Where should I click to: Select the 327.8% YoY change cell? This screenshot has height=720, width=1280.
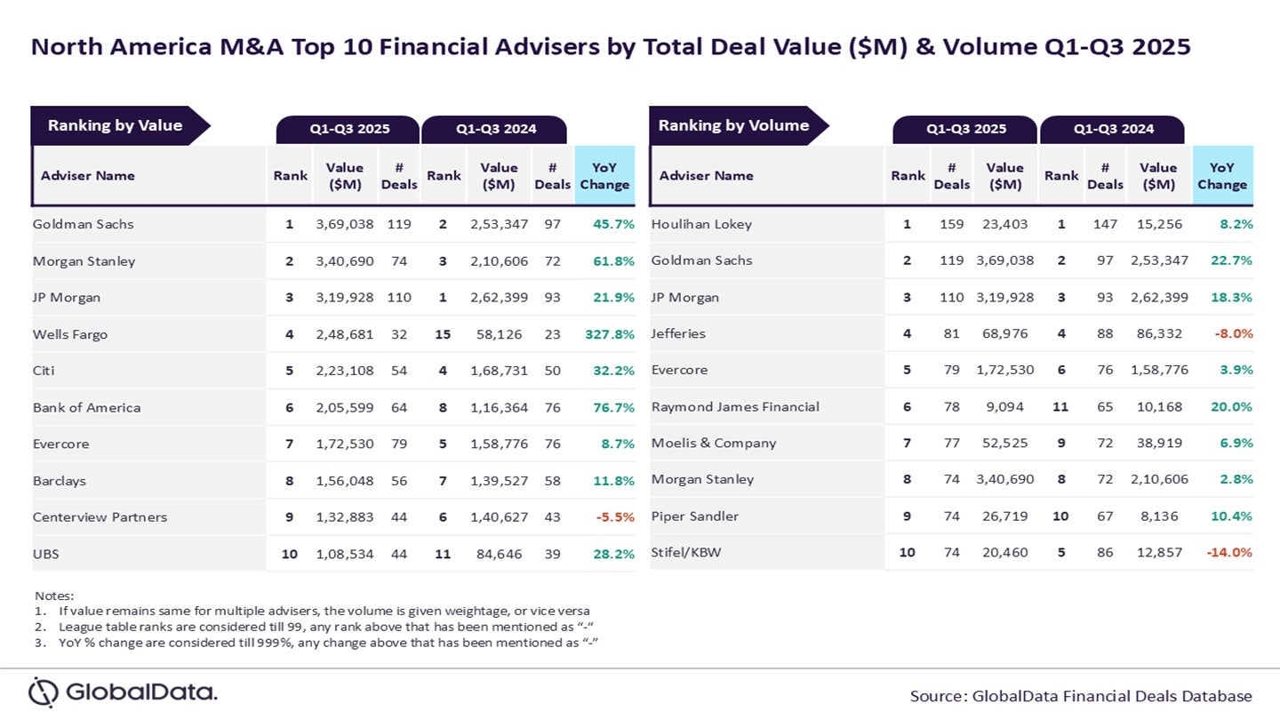(610, 334)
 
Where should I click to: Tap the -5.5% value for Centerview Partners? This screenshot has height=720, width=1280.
(612, 517)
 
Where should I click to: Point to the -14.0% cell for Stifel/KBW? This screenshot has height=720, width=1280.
(1228, 552)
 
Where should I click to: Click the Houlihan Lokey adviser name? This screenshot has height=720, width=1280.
(701, 224)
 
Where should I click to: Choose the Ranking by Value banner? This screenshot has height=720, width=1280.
(116, 125)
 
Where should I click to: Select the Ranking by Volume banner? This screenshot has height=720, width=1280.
(734, 125)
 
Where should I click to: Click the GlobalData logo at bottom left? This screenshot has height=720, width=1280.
(123, 692)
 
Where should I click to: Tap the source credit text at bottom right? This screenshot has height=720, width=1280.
(1081, 696)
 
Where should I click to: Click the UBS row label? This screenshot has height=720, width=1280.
(46, 554)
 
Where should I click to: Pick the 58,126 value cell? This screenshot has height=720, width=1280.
(499, 334)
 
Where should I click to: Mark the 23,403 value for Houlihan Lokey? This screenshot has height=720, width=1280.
(1004, 224)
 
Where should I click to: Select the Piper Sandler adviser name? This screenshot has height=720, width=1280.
(695, 516)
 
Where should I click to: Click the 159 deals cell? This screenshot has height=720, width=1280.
(951, 224)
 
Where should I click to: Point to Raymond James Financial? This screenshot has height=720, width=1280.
(735, 406)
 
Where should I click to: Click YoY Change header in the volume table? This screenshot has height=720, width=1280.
(1222, 175)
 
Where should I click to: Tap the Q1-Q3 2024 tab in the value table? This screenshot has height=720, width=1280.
(495, 129)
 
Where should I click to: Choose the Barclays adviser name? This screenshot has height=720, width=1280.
(60, 481)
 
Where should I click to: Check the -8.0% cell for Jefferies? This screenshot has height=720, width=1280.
(1231, 333)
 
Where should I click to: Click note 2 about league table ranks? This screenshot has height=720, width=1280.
(324, 627)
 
